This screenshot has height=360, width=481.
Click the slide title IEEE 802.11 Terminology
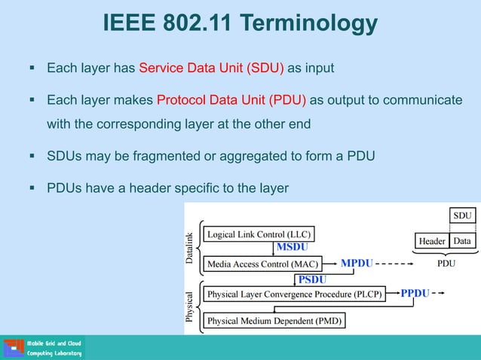240,24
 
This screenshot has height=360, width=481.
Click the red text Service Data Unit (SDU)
211,69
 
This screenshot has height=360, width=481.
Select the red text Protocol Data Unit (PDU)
231,101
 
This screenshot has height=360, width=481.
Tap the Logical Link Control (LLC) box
259,233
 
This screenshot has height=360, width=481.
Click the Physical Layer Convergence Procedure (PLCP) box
295,294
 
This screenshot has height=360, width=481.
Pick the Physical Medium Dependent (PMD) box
274,321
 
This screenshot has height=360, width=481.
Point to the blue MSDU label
292,247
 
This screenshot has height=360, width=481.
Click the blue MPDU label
357,264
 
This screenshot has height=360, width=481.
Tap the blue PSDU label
312,279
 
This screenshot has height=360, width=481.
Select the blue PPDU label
415,293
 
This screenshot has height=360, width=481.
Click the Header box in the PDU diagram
432,241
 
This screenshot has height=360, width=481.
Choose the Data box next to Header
462,241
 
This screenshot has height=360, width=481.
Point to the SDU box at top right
462,216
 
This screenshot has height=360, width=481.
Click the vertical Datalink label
190,248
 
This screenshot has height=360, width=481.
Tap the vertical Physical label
190,307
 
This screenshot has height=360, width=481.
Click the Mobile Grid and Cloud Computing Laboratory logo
44,347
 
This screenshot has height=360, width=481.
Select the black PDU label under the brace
446,265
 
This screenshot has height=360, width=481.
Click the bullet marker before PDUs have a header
32,188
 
